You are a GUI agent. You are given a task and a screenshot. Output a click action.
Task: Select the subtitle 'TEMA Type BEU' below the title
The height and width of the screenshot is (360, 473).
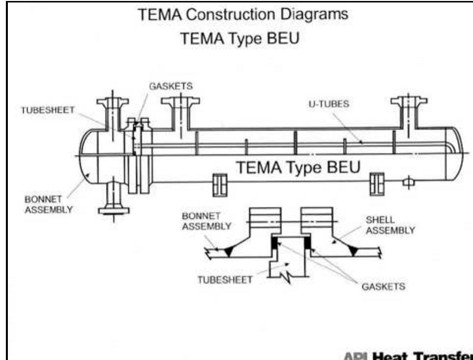pyautogui.click(x=240, y=38)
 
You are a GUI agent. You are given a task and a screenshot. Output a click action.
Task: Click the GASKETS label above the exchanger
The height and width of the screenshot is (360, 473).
pyautogui.click(x=171, y=86)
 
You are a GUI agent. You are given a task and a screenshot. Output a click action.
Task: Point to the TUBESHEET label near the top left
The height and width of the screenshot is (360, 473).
pyautogui.click(x=47, y=110)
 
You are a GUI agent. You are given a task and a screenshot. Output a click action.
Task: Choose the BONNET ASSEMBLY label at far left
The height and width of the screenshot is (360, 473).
pyautogui.click(x=49, y=205)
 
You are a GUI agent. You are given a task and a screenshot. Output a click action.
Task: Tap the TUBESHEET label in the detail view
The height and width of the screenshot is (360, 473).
pyautogui.click(x=225, y=279)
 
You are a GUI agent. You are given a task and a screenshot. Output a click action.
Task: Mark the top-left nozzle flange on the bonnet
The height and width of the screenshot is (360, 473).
pyautogui.click(x=112, y=102)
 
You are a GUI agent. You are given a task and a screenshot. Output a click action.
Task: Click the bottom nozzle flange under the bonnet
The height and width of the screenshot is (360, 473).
pyautogui.click(x=113, y=211)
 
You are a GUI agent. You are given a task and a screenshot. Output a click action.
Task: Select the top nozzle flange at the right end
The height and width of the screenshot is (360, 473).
pyautogui.click(x=409, y=101)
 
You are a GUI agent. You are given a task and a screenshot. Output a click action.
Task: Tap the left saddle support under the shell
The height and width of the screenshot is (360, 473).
pyautogui.click(x=219, y=183)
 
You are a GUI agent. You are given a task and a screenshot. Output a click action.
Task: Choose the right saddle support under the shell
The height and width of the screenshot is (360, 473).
pyautogui.click(x=377, y=183)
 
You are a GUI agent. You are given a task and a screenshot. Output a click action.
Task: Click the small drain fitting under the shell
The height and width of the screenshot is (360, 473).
pyautogui.click(x=408, y=183)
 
